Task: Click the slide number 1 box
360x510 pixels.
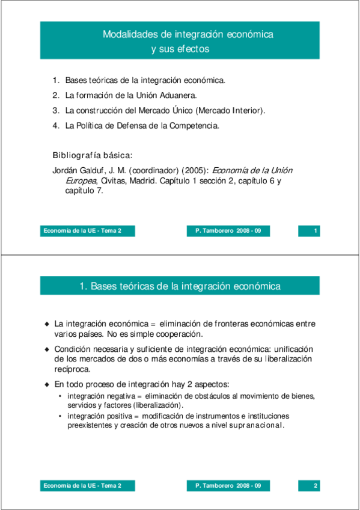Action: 309,231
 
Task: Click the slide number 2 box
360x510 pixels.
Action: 309,485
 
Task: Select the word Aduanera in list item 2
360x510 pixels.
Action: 178,95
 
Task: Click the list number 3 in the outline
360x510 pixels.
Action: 55,111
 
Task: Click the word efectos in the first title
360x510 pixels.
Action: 192,49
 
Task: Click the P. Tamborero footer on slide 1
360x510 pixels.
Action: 228,231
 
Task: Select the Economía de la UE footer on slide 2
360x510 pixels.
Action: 82,485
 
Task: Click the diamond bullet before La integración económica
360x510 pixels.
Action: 47,324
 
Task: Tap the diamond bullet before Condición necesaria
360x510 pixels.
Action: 47,349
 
